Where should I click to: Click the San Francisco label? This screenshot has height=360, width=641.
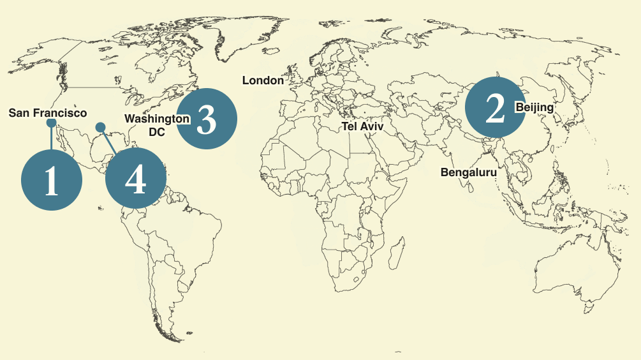click(x=48, y=113)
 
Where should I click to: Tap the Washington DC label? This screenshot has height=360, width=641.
click(x=156, y=124)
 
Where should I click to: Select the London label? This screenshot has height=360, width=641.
click(x=263, y=80)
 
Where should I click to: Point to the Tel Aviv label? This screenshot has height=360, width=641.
click(x=363, y=126)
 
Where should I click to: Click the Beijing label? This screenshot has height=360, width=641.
click(x=534, y=107)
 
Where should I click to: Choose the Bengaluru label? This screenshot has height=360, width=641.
click(x=468, y=172)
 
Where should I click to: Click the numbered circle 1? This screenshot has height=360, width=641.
click(x=52, y=181)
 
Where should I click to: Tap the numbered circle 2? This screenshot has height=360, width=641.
click(x=495, y=108)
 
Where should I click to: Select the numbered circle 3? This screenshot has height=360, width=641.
click(x=207, y=118)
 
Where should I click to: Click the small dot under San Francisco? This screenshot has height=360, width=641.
click(x=52, y=123)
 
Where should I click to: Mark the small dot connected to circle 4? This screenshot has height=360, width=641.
click(x=100, y=127)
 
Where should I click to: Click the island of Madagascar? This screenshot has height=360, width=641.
click(x=397, y=252)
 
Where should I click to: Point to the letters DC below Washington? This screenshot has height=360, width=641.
click(x=156, y=132)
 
